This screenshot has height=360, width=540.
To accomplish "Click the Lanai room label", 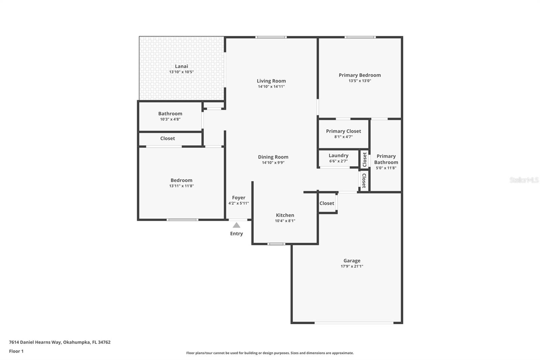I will [x=181, y=66].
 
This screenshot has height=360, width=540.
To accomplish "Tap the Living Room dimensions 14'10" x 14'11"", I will [x=271, y=86].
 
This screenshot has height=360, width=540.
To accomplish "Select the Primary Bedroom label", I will [x=360, y=75].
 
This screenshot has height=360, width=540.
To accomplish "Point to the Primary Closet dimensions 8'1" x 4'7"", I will [x=343, y=137].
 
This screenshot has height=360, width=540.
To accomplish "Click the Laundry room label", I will [x=339, y=155].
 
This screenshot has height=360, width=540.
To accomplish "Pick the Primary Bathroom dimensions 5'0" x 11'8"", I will [x=386, y=168].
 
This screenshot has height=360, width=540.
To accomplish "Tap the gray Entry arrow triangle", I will [x=237, y=225].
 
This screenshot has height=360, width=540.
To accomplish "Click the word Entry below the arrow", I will [x=237, y=233].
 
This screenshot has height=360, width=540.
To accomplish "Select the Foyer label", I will [x=239, y=198].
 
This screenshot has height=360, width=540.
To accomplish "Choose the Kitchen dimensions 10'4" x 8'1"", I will [x=285, y=221].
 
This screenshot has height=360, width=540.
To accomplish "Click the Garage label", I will [x=352, y=260].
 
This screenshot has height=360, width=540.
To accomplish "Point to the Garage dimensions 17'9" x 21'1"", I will [x=352, y=266].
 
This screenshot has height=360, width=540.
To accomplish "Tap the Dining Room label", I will [x=273, y=157].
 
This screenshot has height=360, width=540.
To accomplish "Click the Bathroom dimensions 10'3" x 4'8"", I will [x=170, y=119].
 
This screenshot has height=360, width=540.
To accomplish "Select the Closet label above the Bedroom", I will [x=167, y=138].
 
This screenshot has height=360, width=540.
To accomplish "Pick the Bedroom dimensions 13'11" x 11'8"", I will [x=181, y=186].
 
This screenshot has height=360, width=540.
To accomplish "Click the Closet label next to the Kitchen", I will [x=327, y=203].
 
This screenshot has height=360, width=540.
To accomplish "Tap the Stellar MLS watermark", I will [x=524, y=180].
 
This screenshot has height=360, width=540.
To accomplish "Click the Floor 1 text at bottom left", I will [x=16, y=351].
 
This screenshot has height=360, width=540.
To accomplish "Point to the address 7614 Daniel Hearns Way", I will [x=35, y=342].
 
